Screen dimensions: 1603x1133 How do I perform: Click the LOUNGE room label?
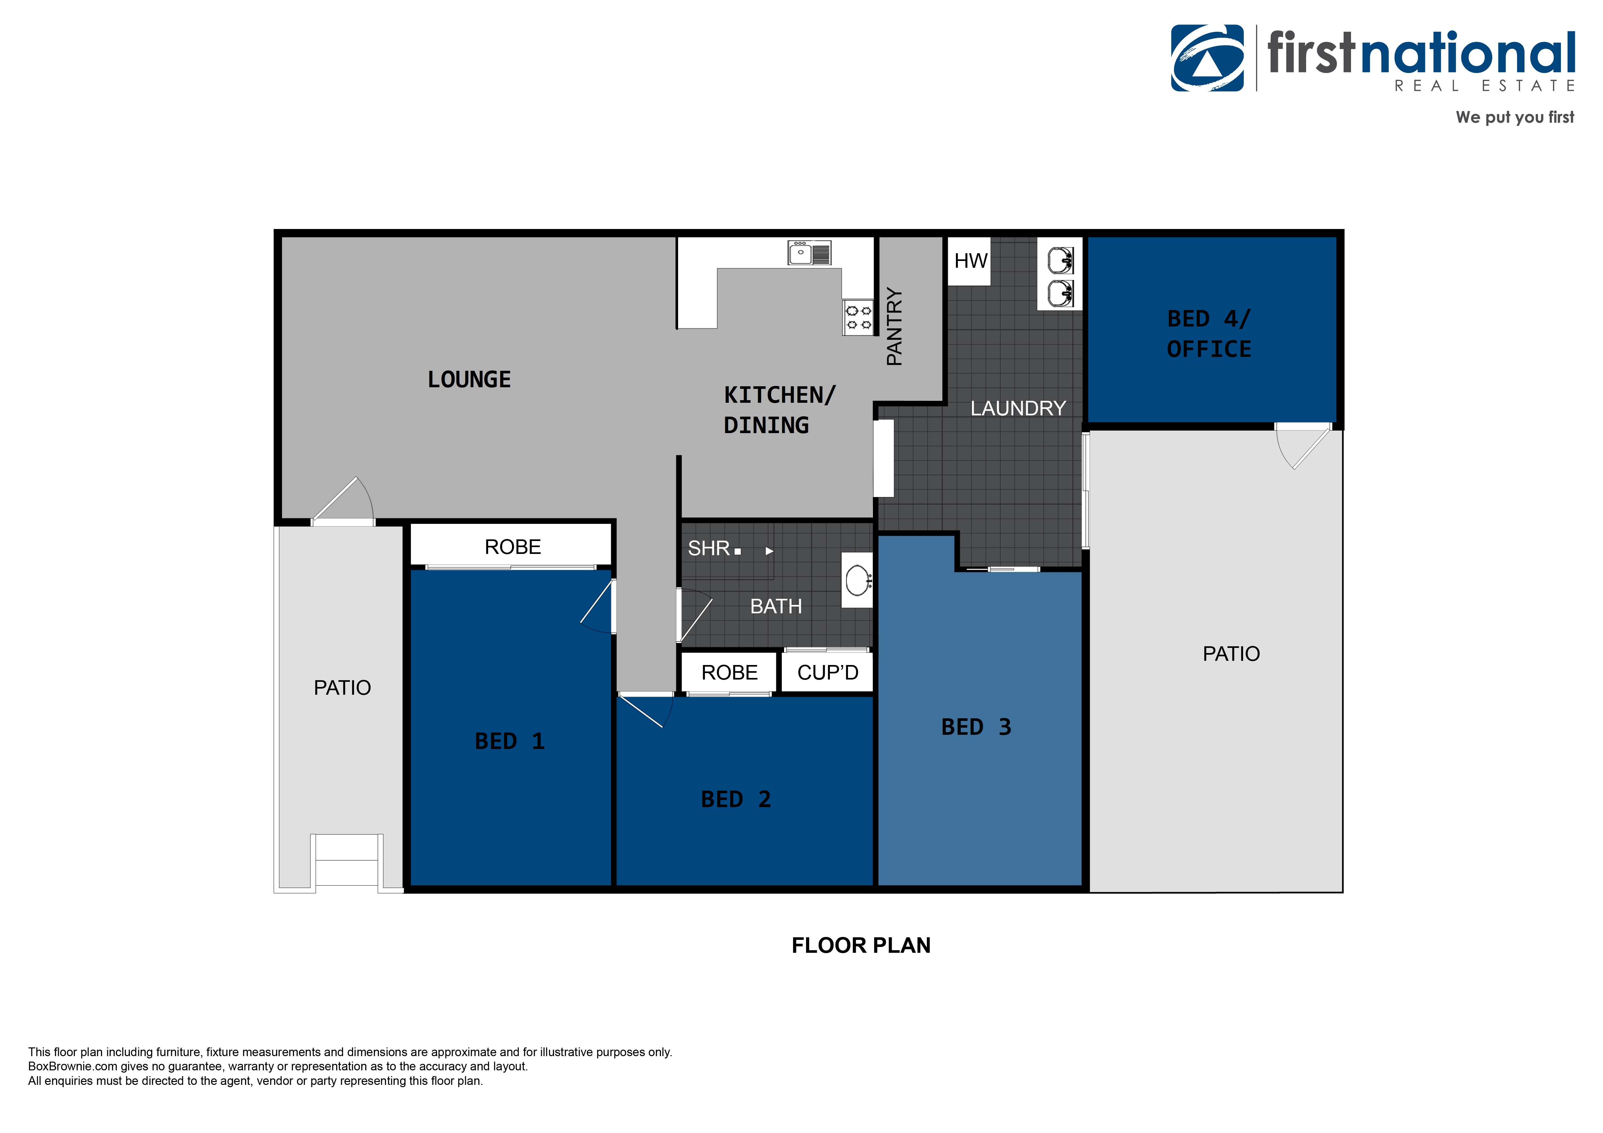tap(469, 380)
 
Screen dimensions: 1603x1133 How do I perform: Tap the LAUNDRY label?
tap(1018, 408)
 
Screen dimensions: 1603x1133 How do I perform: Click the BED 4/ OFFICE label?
tap(1209, 334)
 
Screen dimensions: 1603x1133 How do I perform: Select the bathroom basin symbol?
tap(857, 579)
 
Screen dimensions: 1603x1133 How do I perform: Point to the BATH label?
tap(776, 607)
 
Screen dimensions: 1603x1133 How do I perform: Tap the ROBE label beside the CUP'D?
tap(729, 672)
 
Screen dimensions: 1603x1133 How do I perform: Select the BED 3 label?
tap(976, 727)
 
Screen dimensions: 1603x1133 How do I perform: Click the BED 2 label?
tap(736, 799)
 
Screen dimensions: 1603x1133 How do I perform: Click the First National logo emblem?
tap(1207, 59)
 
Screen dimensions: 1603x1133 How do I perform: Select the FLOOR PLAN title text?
tap(861, 945)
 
